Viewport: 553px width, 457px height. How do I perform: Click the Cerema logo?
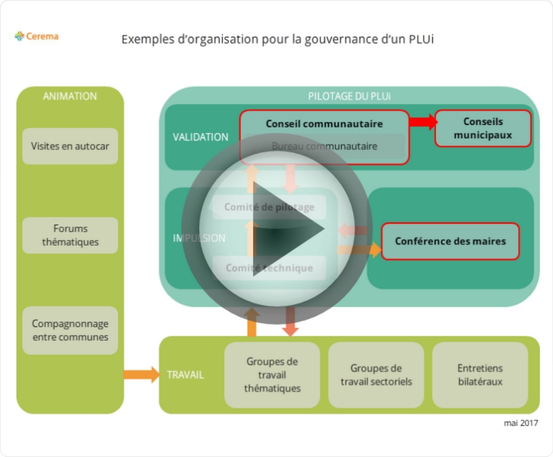(37, 37)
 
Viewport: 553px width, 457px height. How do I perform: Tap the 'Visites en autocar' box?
(70, 146)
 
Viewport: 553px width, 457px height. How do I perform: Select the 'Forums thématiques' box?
(70, 235)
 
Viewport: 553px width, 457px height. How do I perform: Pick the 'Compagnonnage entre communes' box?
(70, 331)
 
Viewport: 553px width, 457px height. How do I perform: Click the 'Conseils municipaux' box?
(483, 128)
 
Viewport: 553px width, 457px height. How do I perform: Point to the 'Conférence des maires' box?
(450, 241)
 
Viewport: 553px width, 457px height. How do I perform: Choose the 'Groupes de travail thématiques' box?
(272, 375)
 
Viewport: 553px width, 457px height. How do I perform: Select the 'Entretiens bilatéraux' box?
(480, 375)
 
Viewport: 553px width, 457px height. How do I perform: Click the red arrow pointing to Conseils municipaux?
(423, 122)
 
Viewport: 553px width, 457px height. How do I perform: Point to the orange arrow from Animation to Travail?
(141, 374)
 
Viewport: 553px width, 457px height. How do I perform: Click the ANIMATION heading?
(70, 96)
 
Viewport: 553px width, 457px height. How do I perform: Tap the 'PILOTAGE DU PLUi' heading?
(350, 96)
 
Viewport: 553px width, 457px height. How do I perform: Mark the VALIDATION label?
(200, 137)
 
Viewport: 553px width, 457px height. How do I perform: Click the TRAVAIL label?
(185, 375)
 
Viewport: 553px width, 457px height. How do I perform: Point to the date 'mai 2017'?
(520, 423)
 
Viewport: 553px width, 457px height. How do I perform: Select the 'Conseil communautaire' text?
(324, 123)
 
